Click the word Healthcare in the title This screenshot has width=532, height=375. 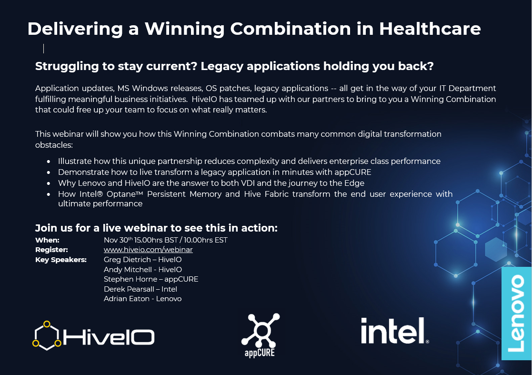[430, 29]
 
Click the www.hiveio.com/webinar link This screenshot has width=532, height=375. [148, 250]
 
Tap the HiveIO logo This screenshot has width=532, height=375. [93, 335]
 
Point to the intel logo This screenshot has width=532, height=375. [395, 331]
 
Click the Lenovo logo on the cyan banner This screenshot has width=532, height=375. [517, 313]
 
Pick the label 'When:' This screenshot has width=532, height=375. [47, 240]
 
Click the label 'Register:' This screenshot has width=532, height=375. [51, 250]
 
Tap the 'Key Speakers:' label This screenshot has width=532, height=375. [61, 260]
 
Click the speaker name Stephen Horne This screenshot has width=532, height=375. [130, 279]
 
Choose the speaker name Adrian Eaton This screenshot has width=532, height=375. [127, 299]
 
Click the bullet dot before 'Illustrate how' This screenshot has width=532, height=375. [49, 162]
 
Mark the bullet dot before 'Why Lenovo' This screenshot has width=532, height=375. [49, 183]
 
